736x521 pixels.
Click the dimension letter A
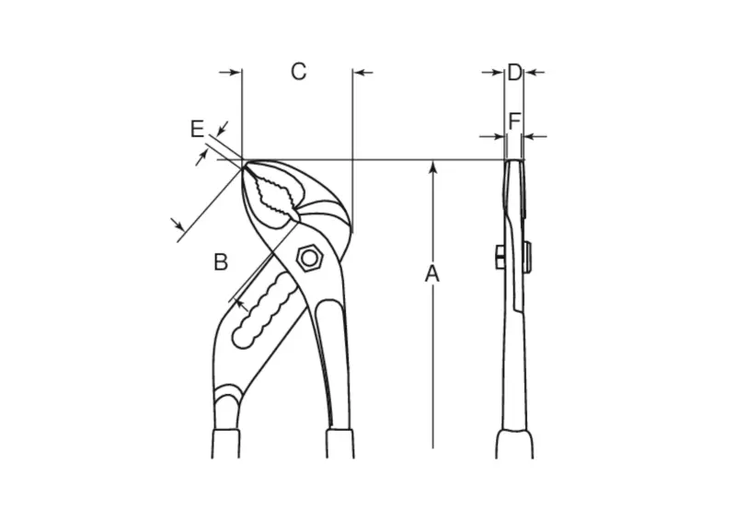(x=431, y=274)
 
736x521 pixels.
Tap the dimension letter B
(x=221, y=262)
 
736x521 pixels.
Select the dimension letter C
(x=298, y=72)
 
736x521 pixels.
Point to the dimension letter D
(x=514, y=73)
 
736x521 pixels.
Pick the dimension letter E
(x=198, y=129)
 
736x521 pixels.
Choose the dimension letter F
(x=514, y=122)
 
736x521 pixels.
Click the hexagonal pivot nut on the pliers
(x=309, y=258)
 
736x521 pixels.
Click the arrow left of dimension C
(x=230, y=73)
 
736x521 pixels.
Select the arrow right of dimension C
(x=363, y=73)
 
